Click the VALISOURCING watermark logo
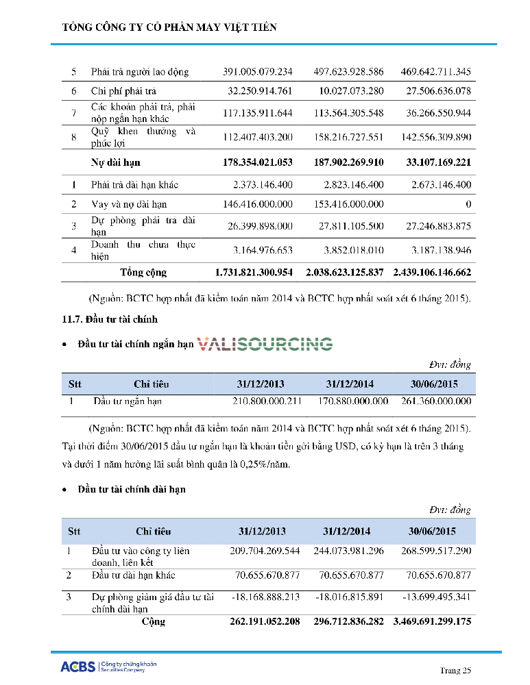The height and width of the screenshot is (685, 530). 265,344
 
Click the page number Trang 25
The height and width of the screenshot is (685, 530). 455,670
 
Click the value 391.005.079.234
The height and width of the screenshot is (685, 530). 258,72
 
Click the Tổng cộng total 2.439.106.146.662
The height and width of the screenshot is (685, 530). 432,272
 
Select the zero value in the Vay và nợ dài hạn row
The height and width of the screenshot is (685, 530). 468,204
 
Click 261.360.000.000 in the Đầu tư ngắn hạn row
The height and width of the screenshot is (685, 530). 433,401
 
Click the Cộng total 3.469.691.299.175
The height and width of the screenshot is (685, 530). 432,622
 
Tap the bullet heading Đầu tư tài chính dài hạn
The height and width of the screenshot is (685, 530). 131,489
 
